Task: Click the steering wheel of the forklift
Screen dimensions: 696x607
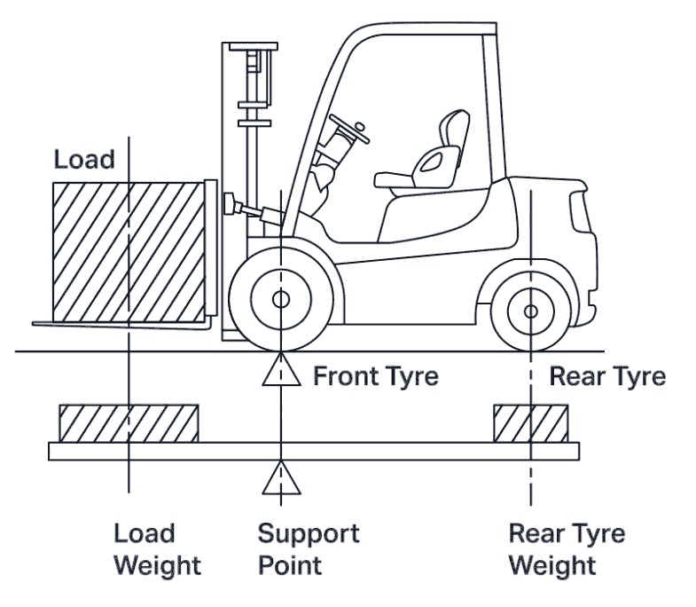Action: point(349,129)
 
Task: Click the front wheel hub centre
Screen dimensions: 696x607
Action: point(280,300)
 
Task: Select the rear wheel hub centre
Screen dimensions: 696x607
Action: point(531,311)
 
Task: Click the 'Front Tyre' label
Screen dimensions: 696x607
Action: point(376,376)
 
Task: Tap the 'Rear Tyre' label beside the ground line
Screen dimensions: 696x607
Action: point(607,376)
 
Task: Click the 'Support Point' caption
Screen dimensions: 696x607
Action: point(309,549)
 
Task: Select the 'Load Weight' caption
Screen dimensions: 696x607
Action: point(157,549)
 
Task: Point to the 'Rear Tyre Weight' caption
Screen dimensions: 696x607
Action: point(567,549)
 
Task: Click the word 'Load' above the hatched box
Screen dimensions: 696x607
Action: point(84,159)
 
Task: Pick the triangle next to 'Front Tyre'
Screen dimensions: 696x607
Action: point(281,369)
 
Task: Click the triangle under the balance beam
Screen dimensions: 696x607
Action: point(281,477)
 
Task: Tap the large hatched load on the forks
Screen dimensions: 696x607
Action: point(129,252)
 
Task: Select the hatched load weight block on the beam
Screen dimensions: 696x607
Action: point(129,423)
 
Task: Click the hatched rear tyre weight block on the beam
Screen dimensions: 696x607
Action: point(531,423)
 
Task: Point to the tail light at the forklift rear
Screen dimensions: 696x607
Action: point(580,212)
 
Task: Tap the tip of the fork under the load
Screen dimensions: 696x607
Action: point(34,324)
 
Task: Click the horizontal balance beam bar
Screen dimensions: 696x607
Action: point(314,451)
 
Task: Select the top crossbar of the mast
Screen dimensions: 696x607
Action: point(254,46)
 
